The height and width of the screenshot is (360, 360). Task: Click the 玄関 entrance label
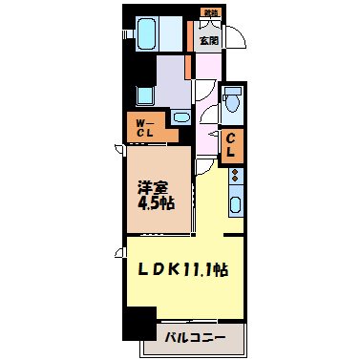207,40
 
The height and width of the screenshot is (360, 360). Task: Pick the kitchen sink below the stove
235,202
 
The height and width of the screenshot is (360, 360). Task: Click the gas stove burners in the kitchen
235,177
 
